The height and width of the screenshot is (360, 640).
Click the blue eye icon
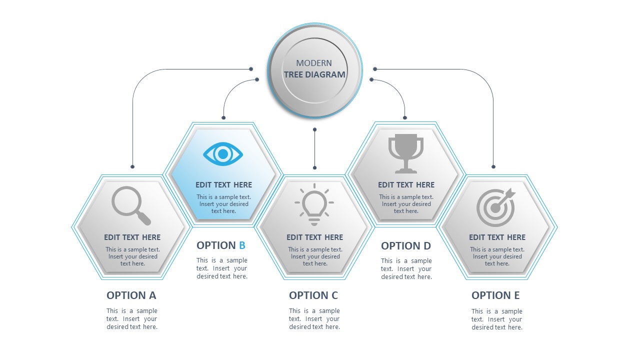coord(223,153)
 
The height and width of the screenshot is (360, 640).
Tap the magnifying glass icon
coord(130,205)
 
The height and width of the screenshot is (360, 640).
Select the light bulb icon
coord(314,203)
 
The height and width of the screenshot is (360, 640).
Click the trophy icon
coord(405,153)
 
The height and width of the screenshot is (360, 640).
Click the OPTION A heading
coord(131,295)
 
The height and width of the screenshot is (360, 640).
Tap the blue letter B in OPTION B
coord(242,245)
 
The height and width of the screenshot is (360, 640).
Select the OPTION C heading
coord(313,295)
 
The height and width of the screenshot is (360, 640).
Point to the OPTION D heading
coord(406,245)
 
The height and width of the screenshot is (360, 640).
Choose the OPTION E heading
coord(495,295)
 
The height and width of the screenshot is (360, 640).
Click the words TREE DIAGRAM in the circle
coord(314,74)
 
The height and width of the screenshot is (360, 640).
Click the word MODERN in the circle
coord(314,63)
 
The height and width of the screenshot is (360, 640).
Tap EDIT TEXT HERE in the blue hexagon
coord(223,184)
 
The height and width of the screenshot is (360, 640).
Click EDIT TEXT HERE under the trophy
coord(406,184)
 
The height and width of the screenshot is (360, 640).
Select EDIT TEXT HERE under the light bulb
coord(314,237)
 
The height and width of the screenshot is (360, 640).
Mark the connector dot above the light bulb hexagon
coord(314,167)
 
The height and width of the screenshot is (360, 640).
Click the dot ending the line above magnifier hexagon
coord(132,166)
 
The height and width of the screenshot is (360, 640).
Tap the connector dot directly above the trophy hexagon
coord(405,118)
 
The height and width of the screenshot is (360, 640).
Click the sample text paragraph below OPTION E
coord(496,319)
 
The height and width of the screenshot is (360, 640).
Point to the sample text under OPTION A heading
coord(132,318)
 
